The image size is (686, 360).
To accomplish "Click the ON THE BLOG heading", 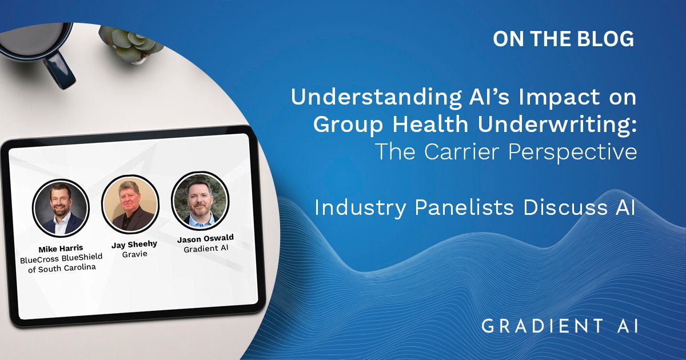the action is click(563, 39).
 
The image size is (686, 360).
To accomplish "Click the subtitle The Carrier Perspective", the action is click(506, 151).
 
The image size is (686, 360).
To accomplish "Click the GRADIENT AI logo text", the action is click(560, 326).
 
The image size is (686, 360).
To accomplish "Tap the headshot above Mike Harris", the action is click(61, 208).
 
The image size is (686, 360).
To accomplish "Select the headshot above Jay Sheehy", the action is click(130, 204).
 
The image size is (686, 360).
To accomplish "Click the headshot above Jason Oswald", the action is click(200, 200).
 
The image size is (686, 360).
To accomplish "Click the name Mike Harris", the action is click(61, 248).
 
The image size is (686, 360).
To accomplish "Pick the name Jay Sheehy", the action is click(134, 245).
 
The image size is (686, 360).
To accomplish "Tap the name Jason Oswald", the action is click(205, 238).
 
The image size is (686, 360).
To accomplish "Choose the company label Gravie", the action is click(135, 254).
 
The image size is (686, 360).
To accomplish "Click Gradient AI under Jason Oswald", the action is click(206, 248).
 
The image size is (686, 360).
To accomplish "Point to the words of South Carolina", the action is click(62, 268).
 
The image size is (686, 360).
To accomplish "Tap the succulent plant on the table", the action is click(131, 44).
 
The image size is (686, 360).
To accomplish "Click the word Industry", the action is click(360, 208).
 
